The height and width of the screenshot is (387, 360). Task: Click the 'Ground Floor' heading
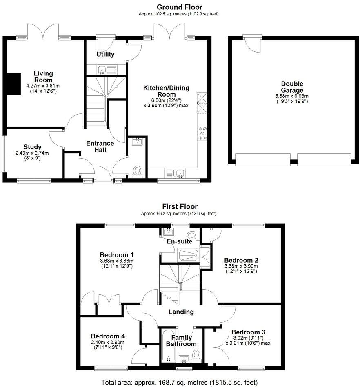[180, 7]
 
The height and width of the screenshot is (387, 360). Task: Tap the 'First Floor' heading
[180, 206]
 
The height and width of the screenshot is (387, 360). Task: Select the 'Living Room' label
[43, 76]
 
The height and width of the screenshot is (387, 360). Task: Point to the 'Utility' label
[105, 54]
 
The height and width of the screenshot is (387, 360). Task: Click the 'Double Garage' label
[292, 87]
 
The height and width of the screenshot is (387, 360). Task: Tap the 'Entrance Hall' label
[100, 146]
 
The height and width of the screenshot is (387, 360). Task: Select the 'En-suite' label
[179, 242]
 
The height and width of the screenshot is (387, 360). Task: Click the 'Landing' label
[182, 312]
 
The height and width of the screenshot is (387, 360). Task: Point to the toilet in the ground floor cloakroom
[137, 170]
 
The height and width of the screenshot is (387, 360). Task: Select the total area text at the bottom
[180, 383]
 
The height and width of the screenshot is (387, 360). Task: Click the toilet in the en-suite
[191, 235]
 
